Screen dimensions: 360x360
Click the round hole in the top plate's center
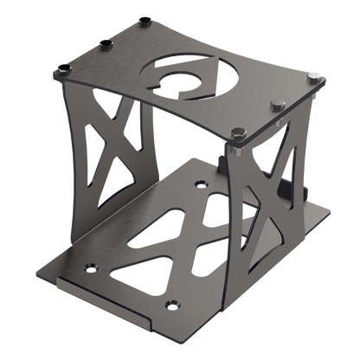coord(187,85)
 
